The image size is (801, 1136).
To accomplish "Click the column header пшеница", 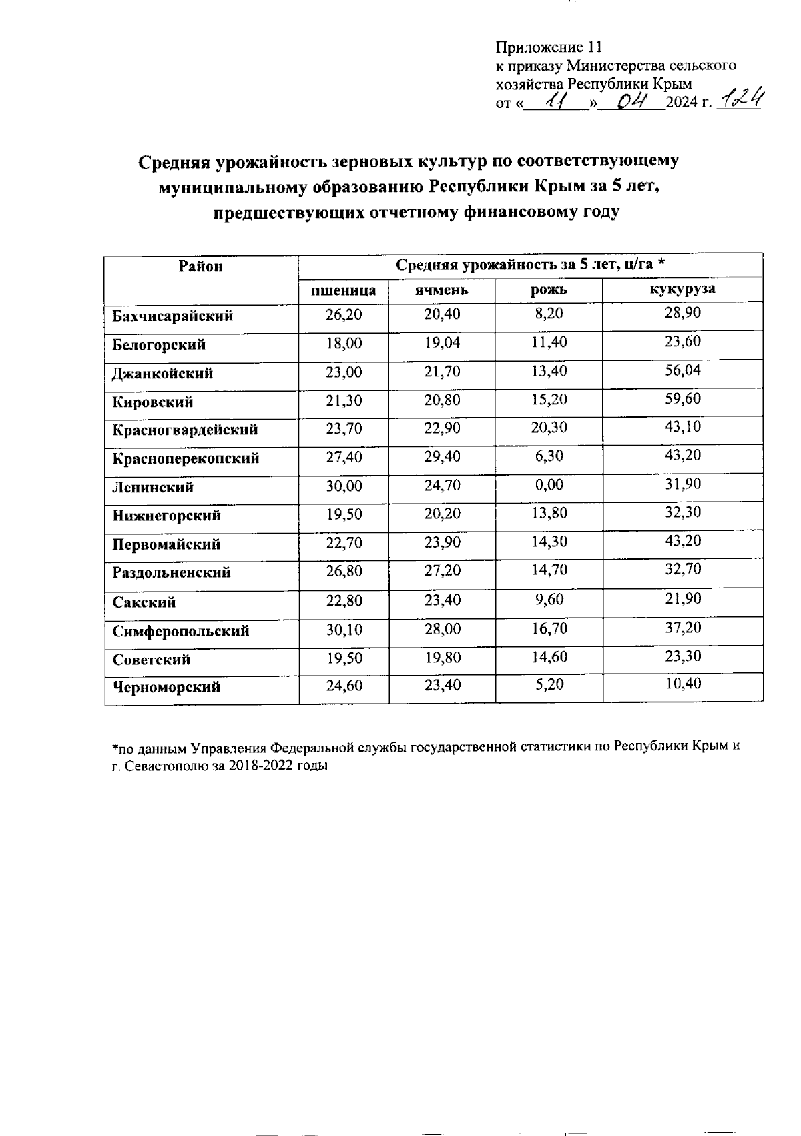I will pos(344,290).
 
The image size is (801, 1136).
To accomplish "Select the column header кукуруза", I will pos(683,288).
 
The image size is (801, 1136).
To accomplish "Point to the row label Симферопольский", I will pos(180,631).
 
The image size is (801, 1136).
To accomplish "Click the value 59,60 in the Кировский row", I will pos(683,398).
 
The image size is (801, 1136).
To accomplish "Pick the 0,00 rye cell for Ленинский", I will pos(549,485).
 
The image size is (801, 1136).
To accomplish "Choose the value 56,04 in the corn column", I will pos(683,370).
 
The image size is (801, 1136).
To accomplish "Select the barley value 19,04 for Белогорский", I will pos(442,343).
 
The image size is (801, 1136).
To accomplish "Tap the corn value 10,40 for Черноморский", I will pos(683,683).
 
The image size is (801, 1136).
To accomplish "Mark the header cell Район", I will pos(200,267).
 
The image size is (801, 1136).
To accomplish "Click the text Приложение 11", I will pos(549,47).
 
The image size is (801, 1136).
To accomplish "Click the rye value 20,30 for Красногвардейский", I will pos(549,428).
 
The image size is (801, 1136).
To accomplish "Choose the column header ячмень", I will pos(441,290).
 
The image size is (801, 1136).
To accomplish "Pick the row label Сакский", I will pos(144,602).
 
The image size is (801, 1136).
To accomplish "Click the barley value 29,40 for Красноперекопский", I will pos(442,456).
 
